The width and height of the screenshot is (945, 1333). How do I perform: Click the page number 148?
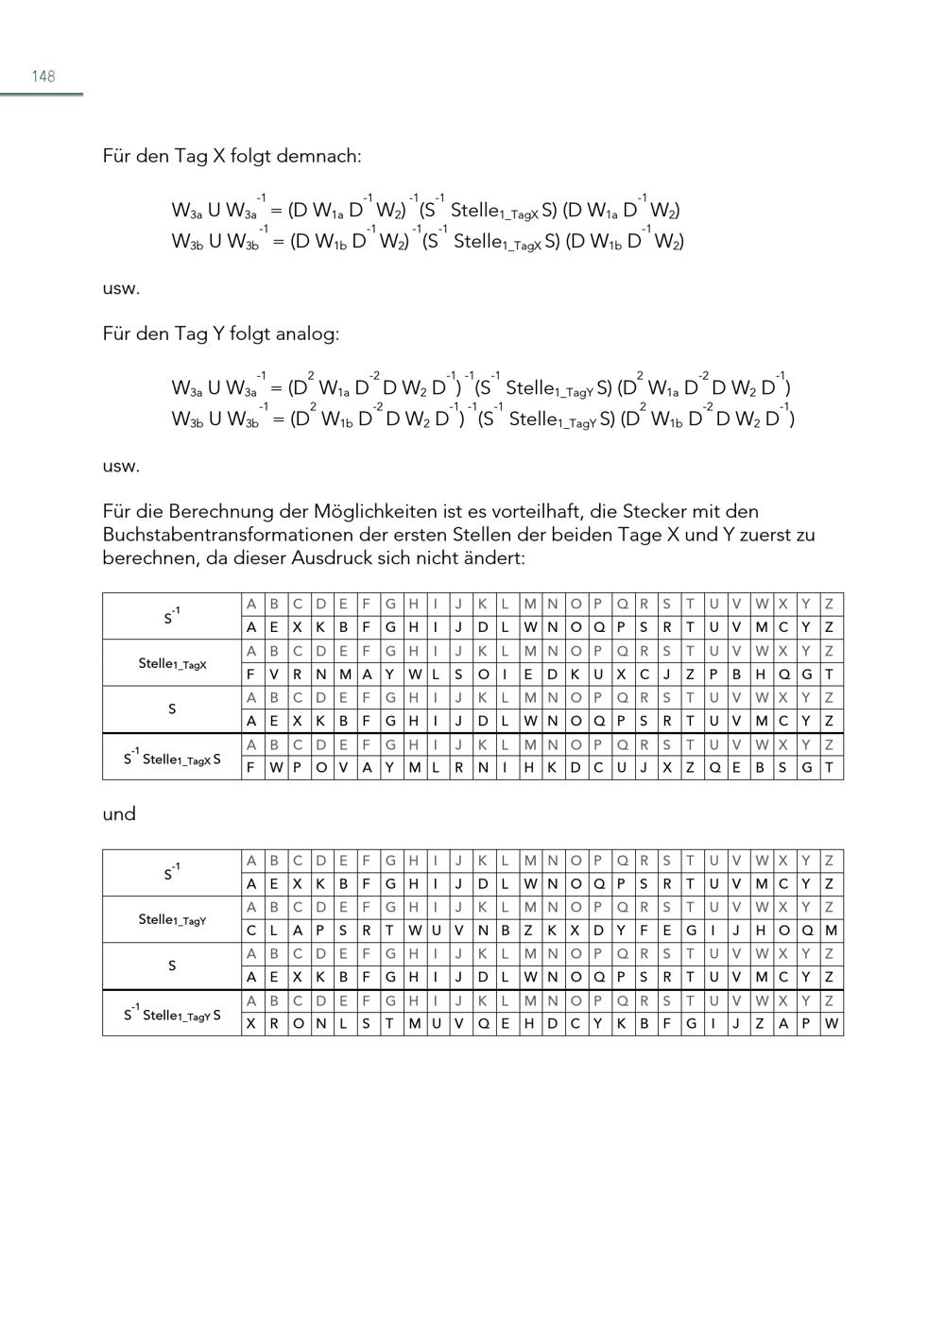pyautogui.click(x=43, y=77)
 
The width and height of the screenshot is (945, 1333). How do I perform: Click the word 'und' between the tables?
pyautogui.click(x=119, y=813)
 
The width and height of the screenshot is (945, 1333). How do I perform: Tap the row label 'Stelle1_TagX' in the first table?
pyautogui.click(x=172, y=663)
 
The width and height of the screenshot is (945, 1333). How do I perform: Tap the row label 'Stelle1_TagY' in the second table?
pyautogui.click(x=172, y=919)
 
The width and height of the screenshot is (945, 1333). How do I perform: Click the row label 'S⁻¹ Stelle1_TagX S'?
pyautogui.click(x=172, y=758)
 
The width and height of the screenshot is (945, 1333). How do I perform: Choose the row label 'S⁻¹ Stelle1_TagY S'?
pyautogui.click(x=172, y=1014)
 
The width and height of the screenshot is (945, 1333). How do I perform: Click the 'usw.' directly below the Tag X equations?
pyautogui.click(x=121, y=288)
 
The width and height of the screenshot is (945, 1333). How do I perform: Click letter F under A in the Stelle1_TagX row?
pyautogui.click(x=251, y=675)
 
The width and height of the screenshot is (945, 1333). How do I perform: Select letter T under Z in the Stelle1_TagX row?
pyautogui.click(x=829, y=675)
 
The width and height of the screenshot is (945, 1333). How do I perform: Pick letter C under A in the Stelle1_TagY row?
pyautogui.click(x=251, y=931)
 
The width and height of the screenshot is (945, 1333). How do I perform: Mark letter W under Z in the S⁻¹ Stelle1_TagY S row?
pyautogui.click(x=831, y=1023)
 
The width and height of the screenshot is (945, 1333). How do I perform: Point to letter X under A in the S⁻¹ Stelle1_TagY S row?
pyautogui.click(x=251, y=1023)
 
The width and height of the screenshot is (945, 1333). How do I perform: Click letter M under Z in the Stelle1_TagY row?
pyautogui.click(x=831, y=931)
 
